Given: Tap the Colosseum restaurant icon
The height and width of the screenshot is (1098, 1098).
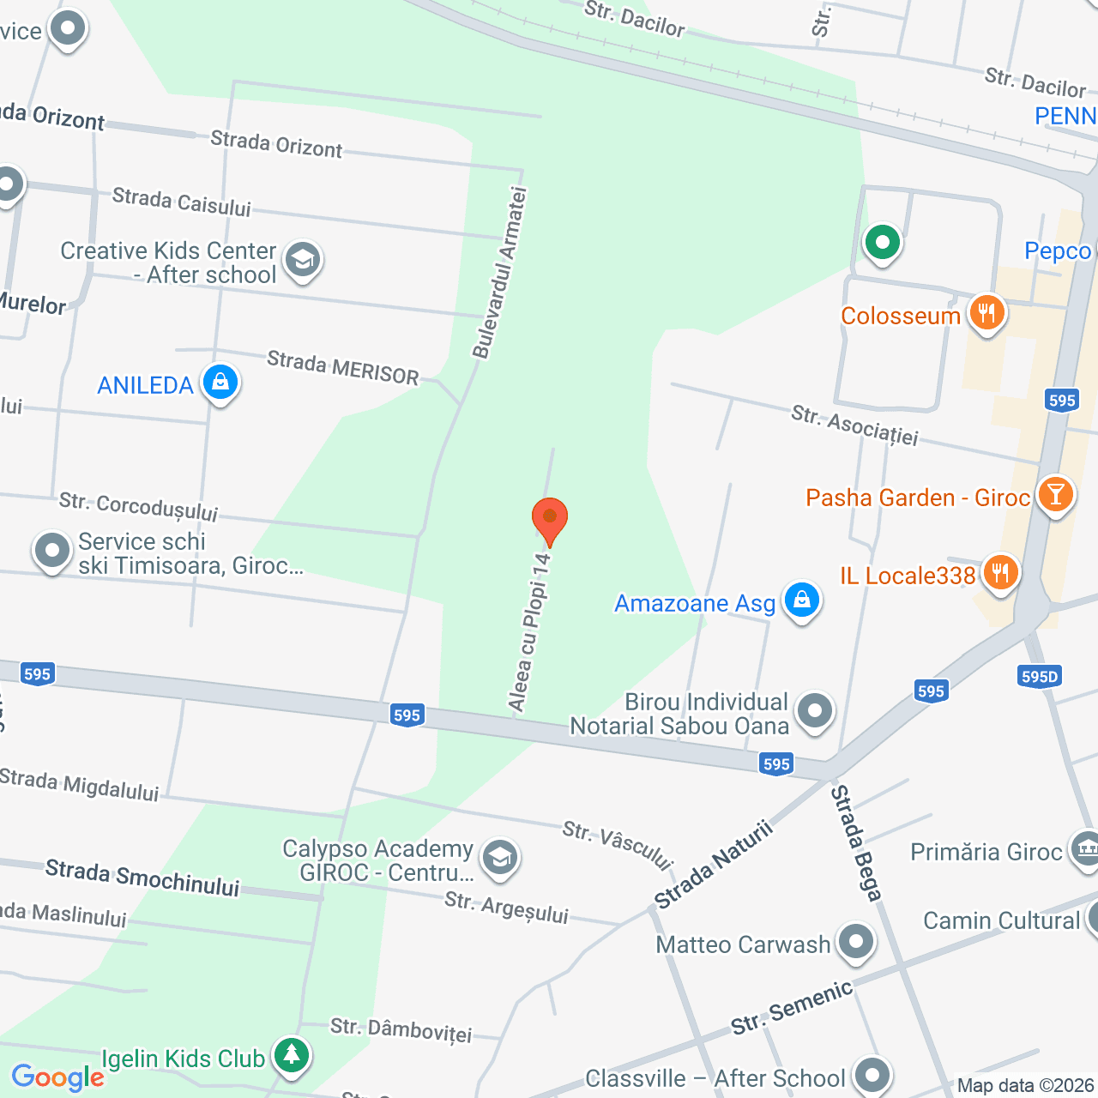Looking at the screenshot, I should click(x=986, y=314).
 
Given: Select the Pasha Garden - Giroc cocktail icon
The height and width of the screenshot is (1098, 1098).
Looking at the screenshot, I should click(x=1055, y=496).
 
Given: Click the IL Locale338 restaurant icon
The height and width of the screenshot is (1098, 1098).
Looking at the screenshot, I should click(x=1000, y=573).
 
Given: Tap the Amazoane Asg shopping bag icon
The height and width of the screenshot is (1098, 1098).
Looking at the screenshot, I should click(x=801, y=600).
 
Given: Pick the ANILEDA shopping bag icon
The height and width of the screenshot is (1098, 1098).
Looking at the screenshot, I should click(x=220, y=383).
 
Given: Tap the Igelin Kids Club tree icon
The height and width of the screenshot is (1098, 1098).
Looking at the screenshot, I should click(x=292, y=1055).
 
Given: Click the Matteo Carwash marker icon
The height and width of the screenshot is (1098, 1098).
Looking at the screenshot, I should click(x=855, y=943).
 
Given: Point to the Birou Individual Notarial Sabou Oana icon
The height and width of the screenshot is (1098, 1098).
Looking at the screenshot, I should click(x=814, y=711).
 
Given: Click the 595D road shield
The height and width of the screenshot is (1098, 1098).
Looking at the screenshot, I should click(x=1040, y=677).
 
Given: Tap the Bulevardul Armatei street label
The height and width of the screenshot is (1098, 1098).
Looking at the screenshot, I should click(x=499, y=273).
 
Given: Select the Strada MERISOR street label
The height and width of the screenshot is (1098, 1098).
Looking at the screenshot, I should click(x=342, y=368).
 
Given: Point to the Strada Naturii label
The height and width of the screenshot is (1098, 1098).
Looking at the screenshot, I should click(x=714, y=865).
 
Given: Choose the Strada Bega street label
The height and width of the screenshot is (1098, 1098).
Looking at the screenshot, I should click(x=855, y=843).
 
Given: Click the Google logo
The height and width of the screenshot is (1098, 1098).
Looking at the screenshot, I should click(x=57, y=1077).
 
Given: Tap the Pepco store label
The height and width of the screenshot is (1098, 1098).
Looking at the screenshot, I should click(x=1058, y=251).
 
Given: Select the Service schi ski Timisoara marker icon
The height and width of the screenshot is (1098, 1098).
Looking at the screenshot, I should click(x=51, y=552).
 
